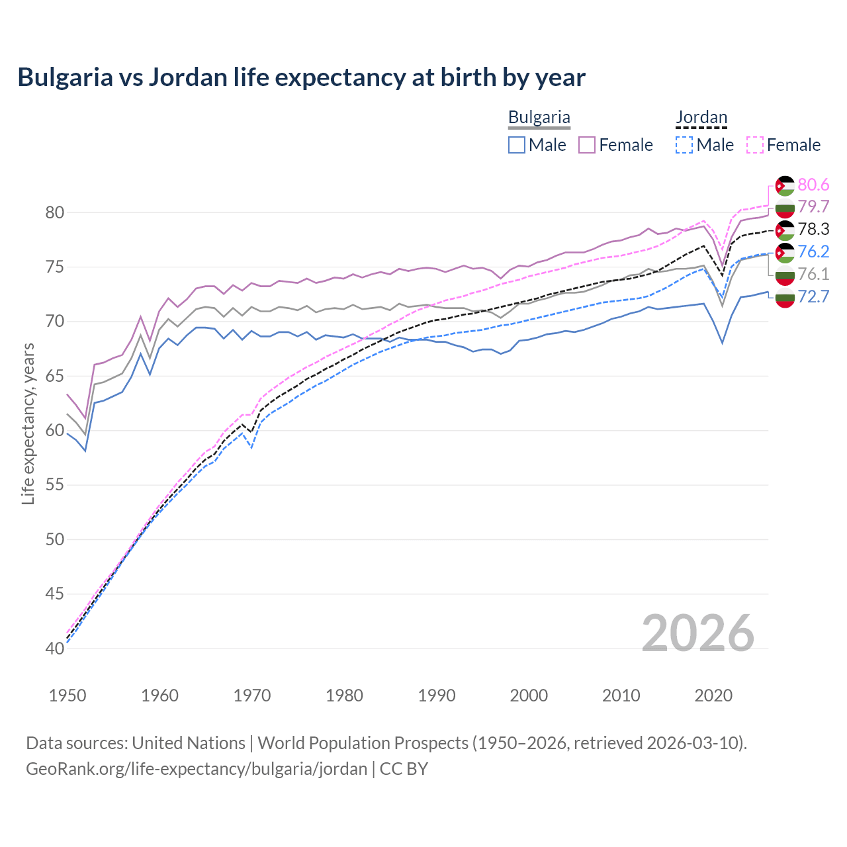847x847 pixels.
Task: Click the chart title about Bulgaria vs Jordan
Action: [301, 77]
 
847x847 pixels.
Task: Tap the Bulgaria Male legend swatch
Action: [517, 145]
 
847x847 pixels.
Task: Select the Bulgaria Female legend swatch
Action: [587, 145]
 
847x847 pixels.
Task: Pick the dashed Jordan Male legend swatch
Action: [684, 145]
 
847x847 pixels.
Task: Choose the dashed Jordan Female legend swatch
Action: [754, 145]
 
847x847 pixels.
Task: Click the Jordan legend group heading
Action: [701, 118]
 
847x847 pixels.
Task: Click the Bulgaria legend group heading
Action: [539, 118]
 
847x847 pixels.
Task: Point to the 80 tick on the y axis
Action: [55, 212]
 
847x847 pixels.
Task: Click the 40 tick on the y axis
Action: [55, 648]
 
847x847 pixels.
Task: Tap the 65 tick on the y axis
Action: [55, 376]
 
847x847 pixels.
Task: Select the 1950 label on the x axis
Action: [67, 695]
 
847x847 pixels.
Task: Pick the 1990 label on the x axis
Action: [437, 695]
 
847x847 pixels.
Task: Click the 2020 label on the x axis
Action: [713, 695]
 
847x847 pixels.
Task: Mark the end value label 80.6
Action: [813, 185]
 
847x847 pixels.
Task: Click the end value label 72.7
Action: [813, 296]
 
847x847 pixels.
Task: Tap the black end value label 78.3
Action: [813, 229]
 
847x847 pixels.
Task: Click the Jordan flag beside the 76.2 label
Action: [785, 252]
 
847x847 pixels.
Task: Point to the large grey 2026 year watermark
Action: [697, 633]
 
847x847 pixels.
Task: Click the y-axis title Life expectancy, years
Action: [28, 423]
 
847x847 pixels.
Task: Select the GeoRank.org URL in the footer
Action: [197, 769]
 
